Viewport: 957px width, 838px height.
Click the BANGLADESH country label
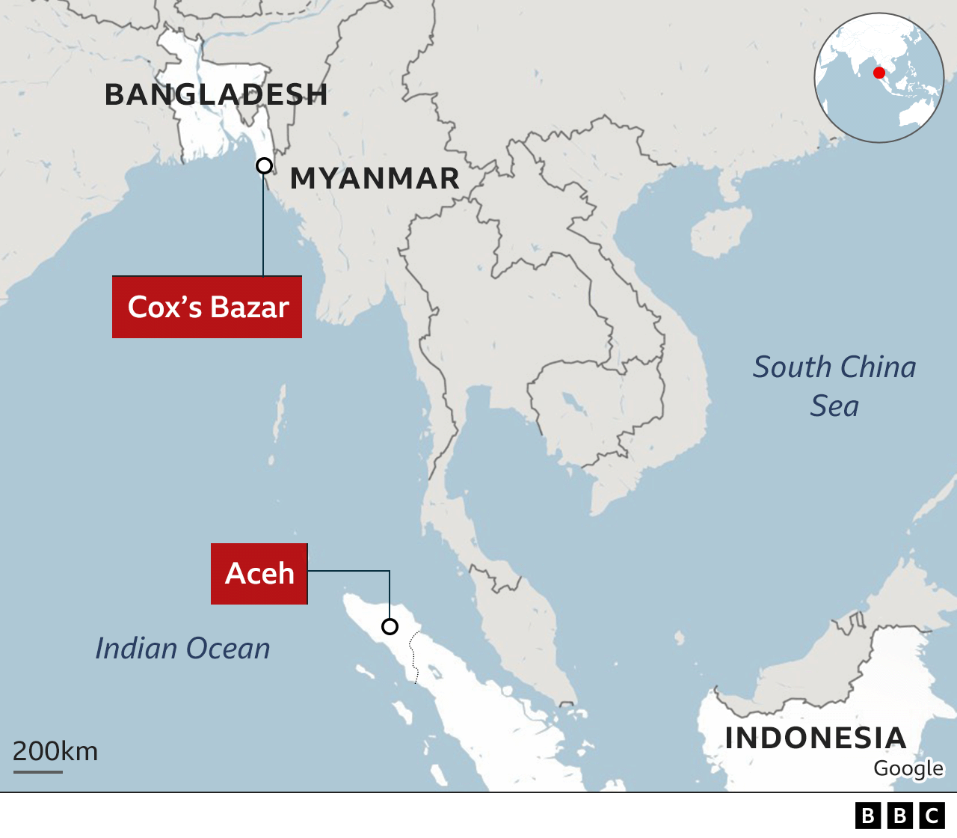pyautogui.click(x=216, y=95)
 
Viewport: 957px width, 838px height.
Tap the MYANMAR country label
pyautogui.click(x=375, y=179)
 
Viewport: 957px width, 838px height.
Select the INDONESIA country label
pyautogui.click(x=816, y=738)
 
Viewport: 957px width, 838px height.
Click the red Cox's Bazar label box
pyautogui.click(x=207, y=308)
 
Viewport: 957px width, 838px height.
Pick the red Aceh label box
pyautogui.click(x=259, y=574)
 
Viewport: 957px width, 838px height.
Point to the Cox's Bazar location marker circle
pyautogui.click(x=264, y=166)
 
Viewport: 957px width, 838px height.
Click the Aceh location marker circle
pyautogui.click(x=390, y=626)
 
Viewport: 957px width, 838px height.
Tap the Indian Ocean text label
pyautogui.click(x=182, y=649)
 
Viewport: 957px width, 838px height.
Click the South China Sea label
pyautogui.click(x=834, y=386)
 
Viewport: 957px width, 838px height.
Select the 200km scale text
pyautogui.click(x=55, y=751)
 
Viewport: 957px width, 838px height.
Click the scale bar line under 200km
pyautogui.click(x=38, y=771)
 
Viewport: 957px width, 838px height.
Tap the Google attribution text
pyautogui.click(x=908, y=768)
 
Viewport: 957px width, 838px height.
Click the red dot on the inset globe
pyautogui.click(x=879, y=73)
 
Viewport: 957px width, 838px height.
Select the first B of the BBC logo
pyautogui.click(x=868, y=816)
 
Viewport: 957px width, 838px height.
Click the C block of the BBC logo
pyautogui.click(x=932, y=816)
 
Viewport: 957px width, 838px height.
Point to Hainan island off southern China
pyautogui.click(x=720, y=231)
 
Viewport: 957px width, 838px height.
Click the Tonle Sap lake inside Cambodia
pyautogui.click(x=574, y=404)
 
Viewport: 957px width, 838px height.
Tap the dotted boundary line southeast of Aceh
pyautogui.click(x=413, y=656)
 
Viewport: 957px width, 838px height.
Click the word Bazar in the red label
pyautogui.click(x=250, y=308)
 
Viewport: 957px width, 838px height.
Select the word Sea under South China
pyautogui.click(x=834, y=406)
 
